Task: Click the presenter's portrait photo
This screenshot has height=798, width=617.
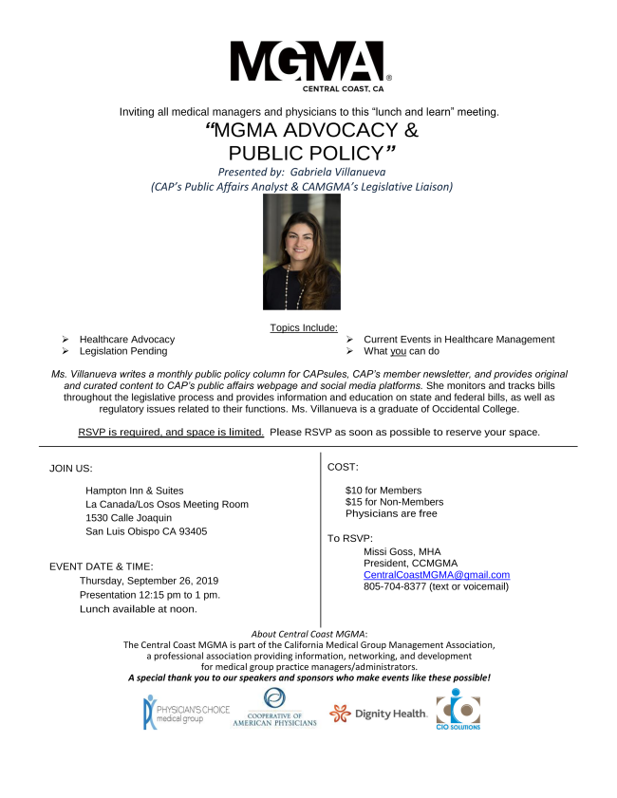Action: point(301,258)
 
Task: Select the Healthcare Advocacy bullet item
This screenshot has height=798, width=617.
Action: point(126,339)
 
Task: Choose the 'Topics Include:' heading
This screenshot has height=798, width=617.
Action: point(303,326)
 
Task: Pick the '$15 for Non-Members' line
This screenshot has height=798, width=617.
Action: point(394,501)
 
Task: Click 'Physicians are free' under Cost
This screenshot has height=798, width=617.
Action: point(391,513)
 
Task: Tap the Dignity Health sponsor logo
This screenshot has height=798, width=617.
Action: point(378,714)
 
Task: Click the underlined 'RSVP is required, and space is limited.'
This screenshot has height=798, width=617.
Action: point(171,432)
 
